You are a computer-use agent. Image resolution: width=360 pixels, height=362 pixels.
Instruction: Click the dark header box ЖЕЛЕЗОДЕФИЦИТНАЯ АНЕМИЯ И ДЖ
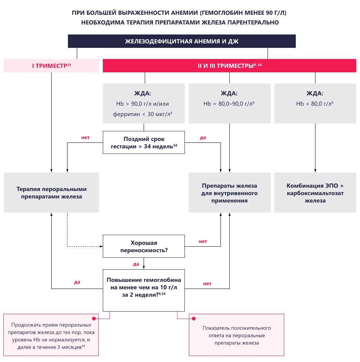(x=181, y=41)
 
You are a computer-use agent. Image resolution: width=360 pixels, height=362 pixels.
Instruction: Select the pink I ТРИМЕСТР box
(x=51, y=66)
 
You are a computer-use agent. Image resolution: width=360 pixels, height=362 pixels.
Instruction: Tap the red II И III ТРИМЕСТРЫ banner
(x=229, y=66)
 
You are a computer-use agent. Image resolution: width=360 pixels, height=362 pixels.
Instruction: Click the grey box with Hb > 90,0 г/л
(x=144, y=103)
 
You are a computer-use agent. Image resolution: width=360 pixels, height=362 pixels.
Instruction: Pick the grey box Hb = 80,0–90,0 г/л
(x=229, y=103)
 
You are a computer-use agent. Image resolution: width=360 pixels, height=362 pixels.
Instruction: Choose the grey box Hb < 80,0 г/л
(x=315, y=103)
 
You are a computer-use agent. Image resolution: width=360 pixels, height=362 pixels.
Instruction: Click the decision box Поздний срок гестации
(x=144, y=142)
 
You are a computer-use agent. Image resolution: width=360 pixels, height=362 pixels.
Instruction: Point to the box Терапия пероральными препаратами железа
(x=51, y=192)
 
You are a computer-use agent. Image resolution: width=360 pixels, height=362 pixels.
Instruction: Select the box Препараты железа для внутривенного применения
(x=229, y=192)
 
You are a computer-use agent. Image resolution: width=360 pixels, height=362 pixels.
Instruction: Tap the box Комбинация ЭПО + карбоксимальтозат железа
(x=315, y=192)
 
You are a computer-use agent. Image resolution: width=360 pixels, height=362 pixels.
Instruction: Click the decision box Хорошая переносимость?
(x=144, y=247)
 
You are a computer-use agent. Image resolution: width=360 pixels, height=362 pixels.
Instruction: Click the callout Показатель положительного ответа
(x=236, y=335)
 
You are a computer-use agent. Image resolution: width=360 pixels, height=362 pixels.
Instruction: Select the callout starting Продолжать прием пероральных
(x=51, y=335)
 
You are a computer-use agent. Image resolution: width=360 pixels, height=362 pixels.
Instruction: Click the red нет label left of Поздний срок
(x=85, y=138)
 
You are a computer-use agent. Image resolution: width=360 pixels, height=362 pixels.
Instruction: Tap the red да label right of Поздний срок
(x=203, y=138)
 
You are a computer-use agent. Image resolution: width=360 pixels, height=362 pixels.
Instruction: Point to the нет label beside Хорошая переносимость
(x=203, y=241)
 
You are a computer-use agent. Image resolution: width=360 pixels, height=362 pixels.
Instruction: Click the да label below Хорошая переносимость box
(x=136, y=264)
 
